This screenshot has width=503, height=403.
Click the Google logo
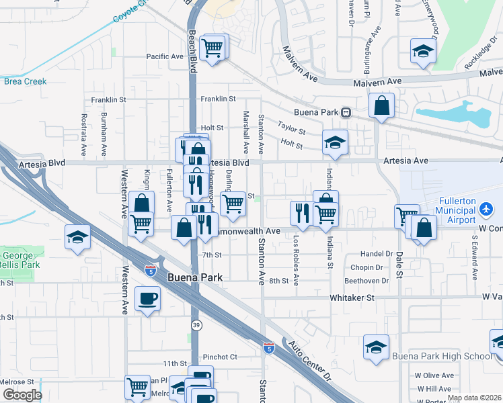pos(22,395)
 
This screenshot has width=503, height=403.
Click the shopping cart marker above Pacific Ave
pos(213,48)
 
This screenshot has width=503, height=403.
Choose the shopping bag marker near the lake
pos(381,105)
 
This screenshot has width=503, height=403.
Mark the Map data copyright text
pos(474,398)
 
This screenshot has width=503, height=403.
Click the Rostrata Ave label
pos(85,134)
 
